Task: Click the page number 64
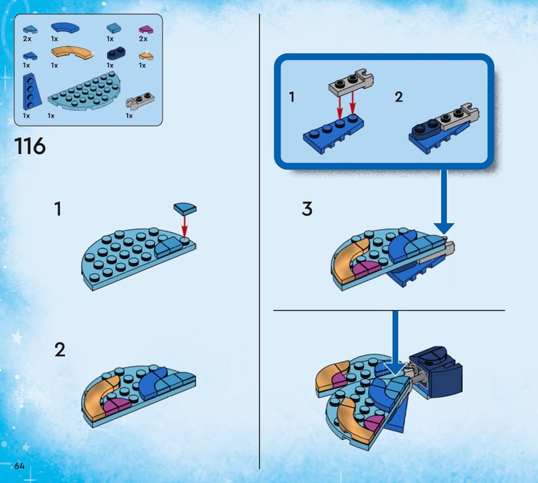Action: [x=20, y=466]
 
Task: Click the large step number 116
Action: [x=30, y=146]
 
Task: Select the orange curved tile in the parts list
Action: [x=72, y=52]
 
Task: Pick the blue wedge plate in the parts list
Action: [x=32, y=91]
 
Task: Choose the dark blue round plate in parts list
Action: [x=116, y=53]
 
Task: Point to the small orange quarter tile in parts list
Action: [x=146, y=56]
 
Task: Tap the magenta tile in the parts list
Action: [x=146, y=30]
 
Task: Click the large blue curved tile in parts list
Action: [x=65, y=28]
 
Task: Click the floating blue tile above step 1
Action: [x=185, y=208]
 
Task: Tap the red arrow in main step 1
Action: [x=185, y=226]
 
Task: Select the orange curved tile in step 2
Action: [x=101, y=398]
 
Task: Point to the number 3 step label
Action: [x=307, y=209]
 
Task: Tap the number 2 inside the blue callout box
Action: [x=398, y=97]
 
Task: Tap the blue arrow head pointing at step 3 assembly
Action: [x=444, y=229]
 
